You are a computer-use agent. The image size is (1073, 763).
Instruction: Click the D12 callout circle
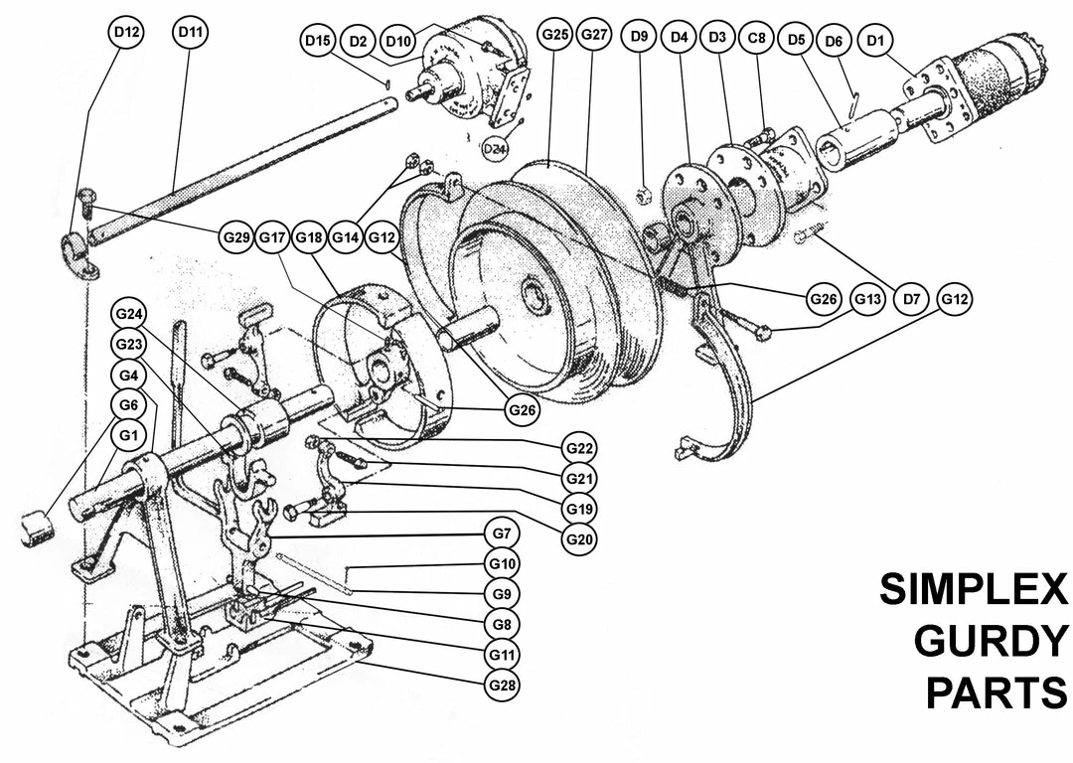[126, 33]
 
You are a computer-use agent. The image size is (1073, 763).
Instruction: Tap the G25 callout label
[554, 35]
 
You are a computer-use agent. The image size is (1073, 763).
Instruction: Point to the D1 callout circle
[875, 41]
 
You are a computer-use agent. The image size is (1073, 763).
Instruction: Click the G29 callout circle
[238, 237]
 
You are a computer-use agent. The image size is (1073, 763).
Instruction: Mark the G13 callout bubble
[867, 299]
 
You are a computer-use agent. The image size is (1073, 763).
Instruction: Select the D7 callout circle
[911, 298]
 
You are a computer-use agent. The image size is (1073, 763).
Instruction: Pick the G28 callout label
[503, 685]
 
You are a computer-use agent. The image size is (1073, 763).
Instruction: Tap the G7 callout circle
[503, 534]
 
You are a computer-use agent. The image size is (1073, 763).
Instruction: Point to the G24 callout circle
[127, 315]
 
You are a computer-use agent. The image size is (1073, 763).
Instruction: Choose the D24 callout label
[495, 149]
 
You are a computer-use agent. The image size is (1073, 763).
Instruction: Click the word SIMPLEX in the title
[973, 591]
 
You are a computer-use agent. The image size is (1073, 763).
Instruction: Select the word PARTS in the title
[996, 692]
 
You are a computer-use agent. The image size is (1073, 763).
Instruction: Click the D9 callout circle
[639, 38]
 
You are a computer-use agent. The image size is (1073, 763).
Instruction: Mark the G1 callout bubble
[127, 434]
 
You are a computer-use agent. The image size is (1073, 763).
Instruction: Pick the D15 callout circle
[318, 41]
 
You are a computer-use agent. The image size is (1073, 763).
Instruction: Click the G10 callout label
[503, 564]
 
